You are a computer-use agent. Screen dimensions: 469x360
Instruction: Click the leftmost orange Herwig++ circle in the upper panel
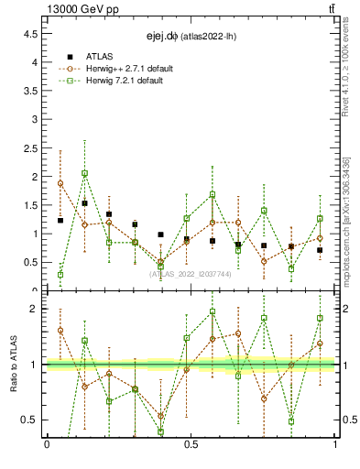(60, 183)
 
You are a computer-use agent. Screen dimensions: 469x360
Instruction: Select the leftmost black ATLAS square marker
(60, 221)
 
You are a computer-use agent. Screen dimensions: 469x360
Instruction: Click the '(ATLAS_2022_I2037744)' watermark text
(191, 273)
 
